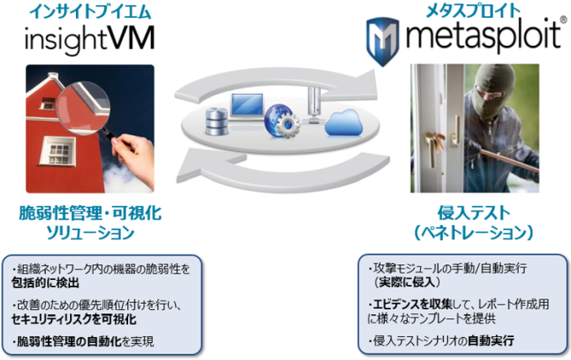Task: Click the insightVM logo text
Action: point(90,39)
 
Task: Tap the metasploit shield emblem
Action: point(383,42)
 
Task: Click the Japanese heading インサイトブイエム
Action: point(90,11)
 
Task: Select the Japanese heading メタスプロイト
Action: point(473,11)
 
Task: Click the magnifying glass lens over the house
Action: point(84,106)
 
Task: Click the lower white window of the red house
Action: point(58,150)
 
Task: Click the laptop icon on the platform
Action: point(247,106)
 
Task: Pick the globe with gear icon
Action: point(282,122)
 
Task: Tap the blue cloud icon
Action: point(343,122)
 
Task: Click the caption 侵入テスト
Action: point(474,213)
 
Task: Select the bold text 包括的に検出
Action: point(45,283)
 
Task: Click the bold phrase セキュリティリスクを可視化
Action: point(73,319)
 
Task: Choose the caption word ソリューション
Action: point(90,233)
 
